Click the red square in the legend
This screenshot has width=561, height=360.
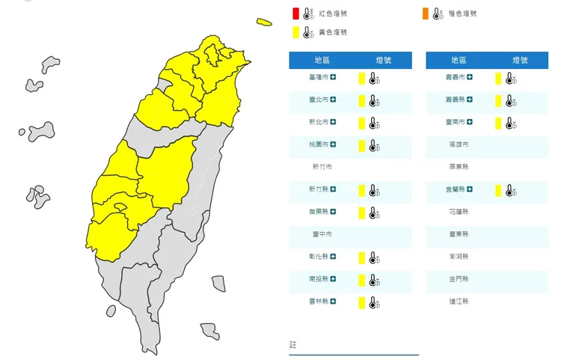click(x=296, y=13)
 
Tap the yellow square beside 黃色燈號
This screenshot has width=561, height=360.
click(x=296, y=32)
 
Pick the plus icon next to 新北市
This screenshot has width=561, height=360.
click(x=333, y=122)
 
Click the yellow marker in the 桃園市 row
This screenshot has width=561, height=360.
click(x=361, y=145)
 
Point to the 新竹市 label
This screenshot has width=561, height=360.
click(x=322, y=167)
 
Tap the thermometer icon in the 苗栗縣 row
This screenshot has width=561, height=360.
click(x=373, y=213)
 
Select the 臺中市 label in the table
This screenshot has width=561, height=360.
click(x=322, y=234)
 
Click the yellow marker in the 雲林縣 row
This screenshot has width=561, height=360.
click(x=361, y=302)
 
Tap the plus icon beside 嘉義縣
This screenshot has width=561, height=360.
click(x=470, y=100)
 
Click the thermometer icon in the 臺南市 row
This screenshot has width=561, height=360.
click(x=509, y=123)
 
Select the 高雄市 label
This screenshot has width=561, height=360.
click(x=459, y=144)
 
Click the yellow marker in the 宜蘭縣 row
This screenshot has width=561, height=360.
click(x=497, y=191)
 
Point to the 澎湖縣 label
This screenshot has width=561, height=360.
click(x=459, y=257)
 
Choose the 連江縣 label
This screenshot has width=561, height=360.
click(x=459, y=302)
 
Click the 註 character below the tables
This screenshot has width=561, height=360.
click(x=293, y=345)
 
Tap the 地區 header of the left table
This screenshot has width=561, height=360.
click(x=323, y=60)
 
